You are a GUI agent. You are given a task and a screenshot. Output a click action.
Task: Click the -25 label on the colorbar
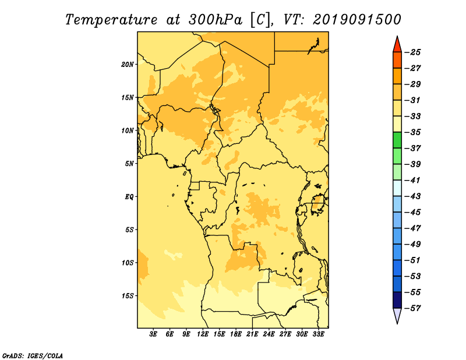point(412,52)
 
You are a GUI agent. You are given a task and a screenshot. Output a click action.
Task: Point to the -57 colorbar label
point(412,308)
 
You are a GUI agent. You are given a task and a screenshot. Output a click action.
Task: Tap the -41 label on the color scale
point(412,181)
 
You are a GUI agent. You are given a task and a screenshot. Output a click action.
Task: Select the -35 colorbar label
point(412,132)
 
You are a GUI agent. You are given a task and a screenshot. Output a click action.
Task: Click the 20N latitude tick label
point(128,65)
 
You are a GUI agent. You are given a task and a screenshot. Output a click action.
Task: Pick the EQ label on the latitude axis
point(129,197)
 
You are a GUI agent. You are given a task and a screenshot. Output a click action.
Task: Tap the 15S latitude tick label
point(128,296)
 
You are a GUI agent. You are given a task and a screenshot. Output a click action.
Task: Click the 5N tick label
point(129,164)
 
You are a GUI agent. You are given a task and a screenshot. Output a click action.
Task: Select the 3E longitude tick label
point(153,334)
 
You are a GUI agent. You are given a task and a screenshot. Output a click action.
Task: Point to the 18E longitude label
point(236,334)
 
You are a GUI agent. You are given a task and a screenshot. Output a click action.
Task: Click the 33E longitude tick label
point(318,334)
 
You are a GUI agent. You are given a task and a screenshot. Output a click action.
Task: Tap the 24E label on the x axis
point(269,334)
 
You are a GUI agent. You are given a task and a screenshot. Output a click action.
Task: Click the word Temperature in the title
point(111,20)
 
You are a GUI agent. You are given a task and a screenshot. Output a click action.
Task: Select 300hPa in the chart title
point(215,20)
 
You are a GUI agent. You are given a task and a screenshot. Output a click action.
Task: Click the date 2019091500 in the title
point(356,20)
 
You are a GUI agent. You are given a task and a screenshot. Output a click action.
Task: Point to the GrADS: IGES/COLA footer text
point(33,356)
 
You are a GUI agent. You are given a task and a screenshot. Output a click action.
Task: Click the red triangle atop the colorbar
point(397,44)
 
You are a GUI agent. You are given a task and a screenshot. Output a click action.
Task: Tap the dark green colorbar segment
point(397,140)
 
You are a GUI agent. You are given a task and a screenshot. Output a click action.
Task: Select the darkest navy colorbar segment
point(397,300)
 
